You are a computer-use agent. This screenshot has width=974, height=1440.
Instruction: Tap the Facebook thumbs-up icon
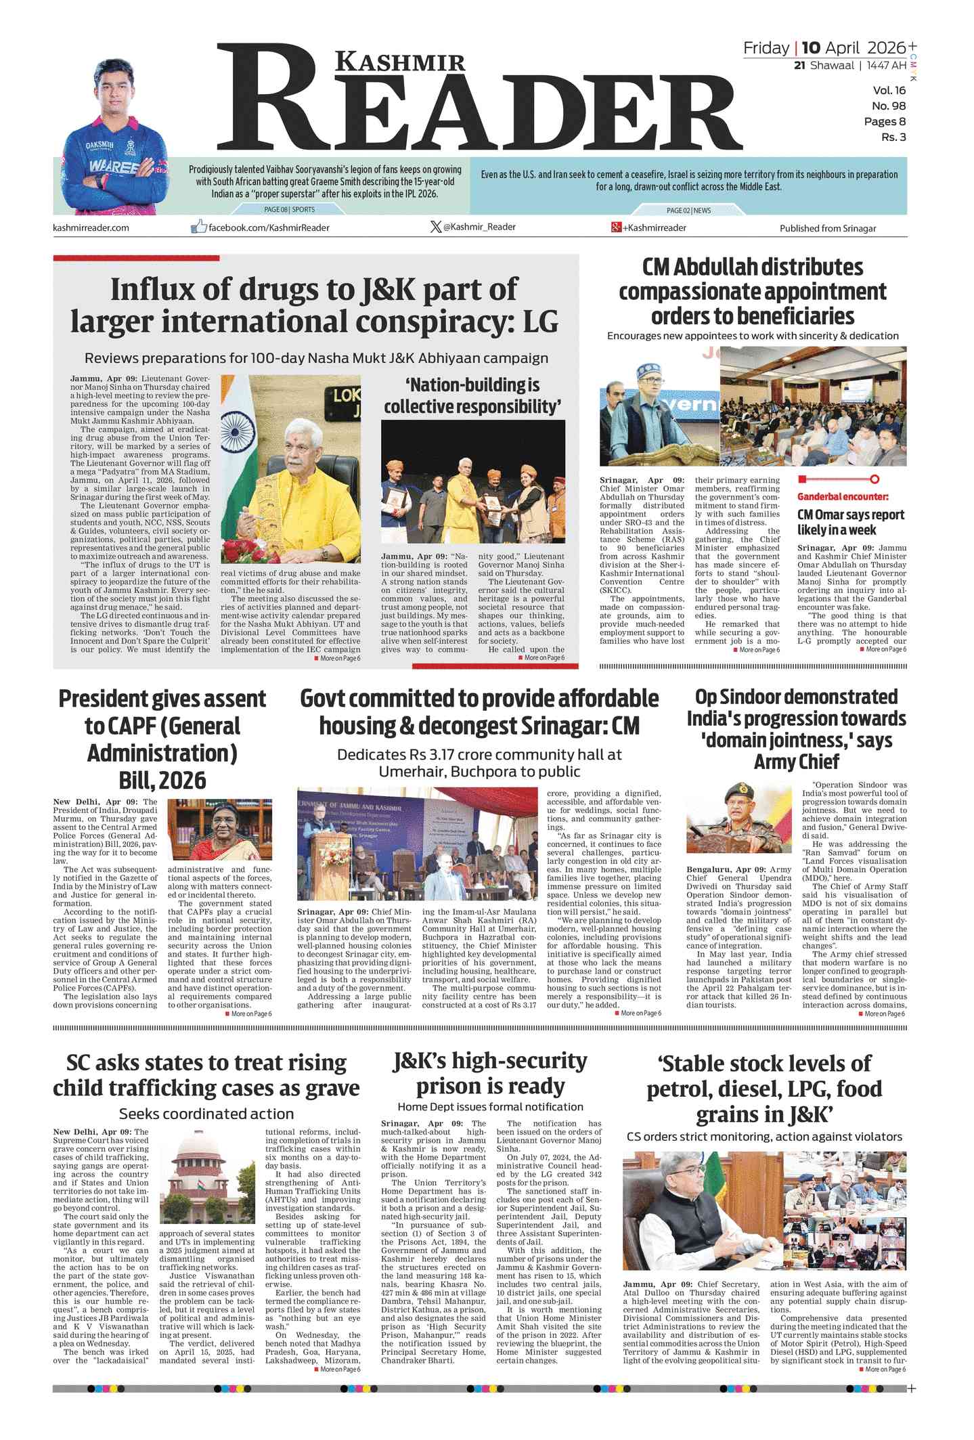click(198, 227)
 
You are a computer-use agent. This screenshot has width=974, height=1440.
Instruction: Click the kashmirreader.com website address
click(91, 227)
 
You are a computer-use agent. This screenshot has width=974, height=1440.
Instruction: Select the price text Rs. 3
click(893, 137)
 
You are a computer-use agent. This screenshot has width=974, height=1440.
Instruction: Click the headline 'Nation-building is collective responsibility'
click(472, 396)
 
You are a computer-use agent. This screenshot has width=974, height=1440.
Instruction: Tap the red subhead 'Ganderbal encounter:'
click(843, 496)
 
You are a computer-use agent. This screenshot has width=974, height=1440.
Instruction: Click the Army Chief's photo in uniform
click(738, 818)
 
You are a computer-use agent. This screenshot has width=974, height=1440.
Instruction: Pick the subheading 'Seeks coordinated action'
click(206, 1114)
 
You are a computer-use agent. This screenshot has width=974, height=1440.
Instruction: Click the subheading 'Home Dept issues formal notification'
click(490, 1107)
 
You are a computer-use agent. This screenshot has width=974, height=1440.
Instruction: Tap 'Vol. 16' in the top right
click(889, 91)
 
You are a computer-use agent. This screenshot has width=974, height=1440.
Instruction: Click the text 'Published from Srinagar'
click(827, 228)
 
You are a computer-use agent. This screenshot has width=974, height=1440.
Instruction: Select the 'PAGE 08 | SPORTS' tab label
click(289, 210)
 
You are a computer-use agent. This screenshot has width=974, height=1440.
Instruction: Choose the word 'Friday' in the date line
click(766, 48)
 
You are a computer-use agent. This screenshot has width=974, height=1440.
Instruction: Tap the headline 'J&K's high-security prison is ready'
click(490, 1073)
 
